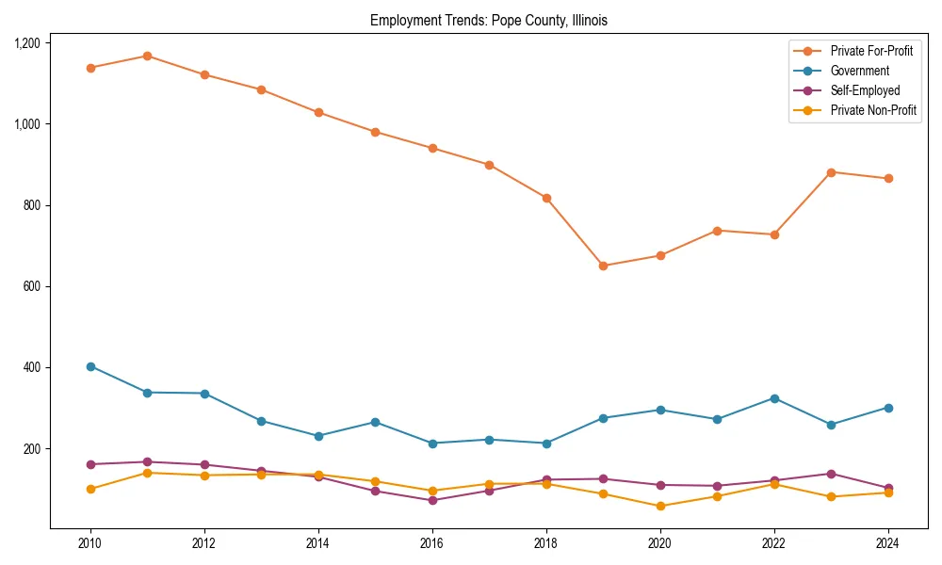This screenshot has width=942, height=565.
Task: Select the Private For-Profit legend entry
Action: (x=870, y=51)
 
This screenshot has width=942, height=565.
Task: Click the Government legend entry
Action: (x=859, y=71)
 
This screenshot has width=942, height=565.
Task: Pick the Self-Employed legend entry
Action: (x=865, y=90)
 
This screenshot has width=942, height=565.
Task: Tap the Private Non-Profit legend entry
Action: (x=873, y=110)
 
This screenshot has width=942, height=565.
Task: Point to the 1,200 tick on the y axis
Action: (x=26, y=43)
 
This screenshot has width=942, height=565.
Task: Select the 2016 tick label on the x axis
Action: (x=432, y=543)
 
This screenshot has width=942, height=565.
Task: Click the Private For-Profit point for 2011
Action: (x=147, y=56)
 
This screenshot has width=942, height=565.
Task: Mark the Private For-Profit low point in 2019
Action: (x=603, y=266)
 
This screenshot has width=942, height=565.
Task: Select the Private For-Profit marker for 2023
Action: (x=831, y=172)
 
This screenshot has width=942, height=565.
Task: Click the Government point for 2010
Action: (x=90, y=366)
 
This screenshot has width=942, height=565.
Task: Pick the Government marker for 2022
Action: (x=774, y=398)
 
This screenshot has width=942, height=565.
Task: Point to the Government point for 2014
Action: (x=318, y=436)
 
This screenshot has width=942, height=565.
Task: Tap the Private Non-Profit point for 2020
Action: (x=660, y=506)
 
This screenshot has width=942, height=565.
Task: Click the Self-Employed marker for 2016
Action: (x=432, y=500)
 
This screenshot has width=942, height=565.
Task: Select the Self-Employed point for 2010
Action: (x=90, y=464)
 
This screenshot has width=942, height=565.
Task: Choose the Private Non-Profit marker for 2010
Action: (x=90, y=489)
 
